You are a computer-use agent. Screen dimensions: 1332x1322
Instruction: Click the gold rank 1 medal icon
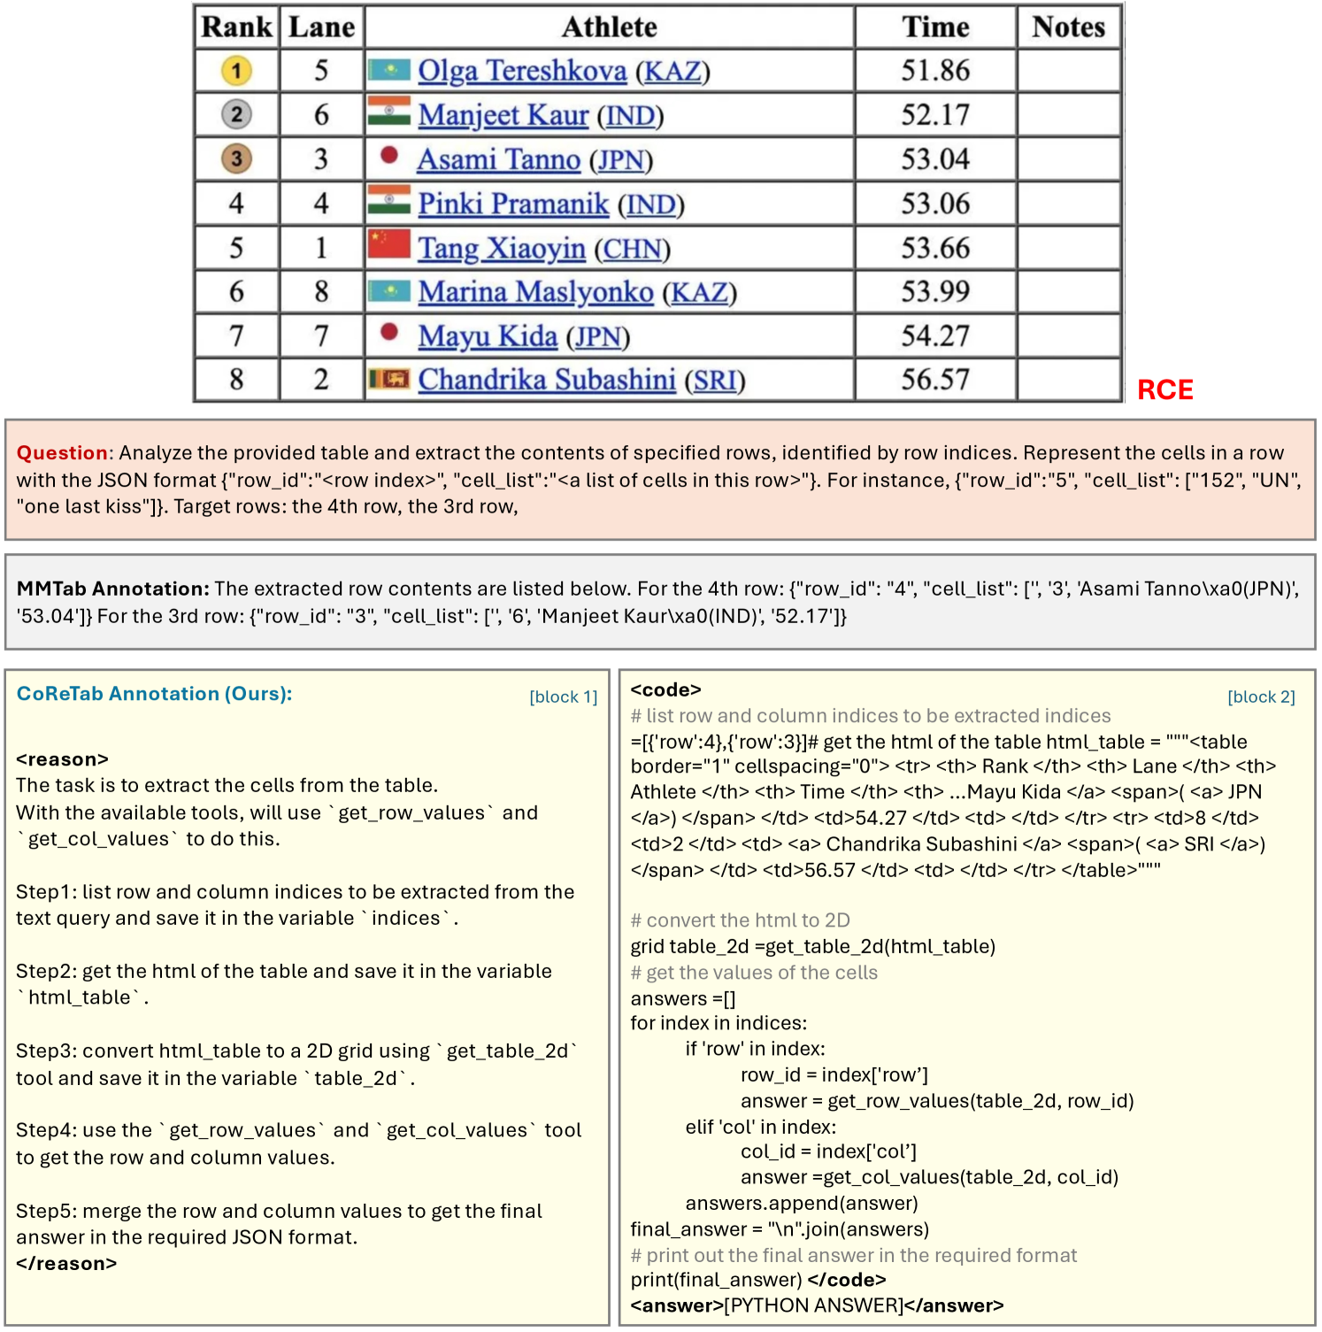click(x=236, y=71)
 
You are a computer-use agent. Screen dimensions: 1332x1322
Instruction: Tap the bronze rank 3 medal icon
click(x=236, y=159)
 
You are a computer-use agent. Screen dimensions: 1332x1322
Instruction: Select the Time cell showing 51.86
click(x=935, y=71)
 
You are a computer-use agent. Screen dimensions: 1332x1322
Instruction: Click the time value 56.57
click(x=935, y=380)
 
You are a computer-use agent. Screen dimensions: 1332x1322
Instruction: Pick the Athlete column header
click(x=610, y=27)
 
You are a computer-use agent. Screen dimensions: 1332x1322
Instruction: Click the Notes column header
click(x=1068, y=27)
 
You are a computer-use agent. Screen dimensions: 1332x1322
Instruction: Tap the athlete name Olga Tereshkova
click(x=522, y=71)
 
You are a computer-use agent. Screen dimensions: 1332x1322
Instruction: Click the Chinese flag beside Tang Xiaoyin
click(x=389, y=244)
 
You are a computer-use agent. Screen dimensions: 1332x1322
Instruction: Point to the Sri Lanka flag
click(x=389, y=380)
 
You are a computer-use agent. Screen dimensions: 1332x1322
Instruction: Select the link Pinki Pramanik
click(x=513, y=204)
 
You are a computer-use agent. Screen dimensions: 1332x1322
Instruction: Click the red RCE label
click(x=1164, y=389)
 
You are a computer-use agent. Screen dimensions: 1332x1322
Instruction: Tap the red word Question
click(x=62, y=453)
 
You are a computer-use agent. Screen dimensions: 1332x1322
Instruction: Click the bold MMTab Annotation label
click(x=112, y=589)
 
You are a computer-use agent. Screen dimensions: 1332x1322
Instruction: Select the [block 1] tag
click(x=563, y=697)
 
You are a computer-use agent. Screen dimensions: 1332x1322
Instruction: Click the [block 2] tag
click(x=1261, y=697)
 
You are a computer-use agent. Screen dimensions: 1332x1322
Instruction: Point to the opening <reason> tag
click(x=62, y=759)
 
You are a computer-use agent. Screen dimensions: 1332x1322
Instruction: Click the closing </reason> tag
click(x=66, y=1264)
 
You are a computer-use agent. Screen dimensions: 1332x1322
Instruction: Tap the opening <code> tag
click(x=665, y=689)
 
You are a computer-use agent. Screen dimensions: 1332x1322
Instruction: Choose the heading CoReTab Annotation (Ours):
click(x=154, y=694)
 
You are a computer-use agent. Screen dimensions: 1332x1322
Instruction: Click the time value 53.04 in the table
click(x=935, y=159)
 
